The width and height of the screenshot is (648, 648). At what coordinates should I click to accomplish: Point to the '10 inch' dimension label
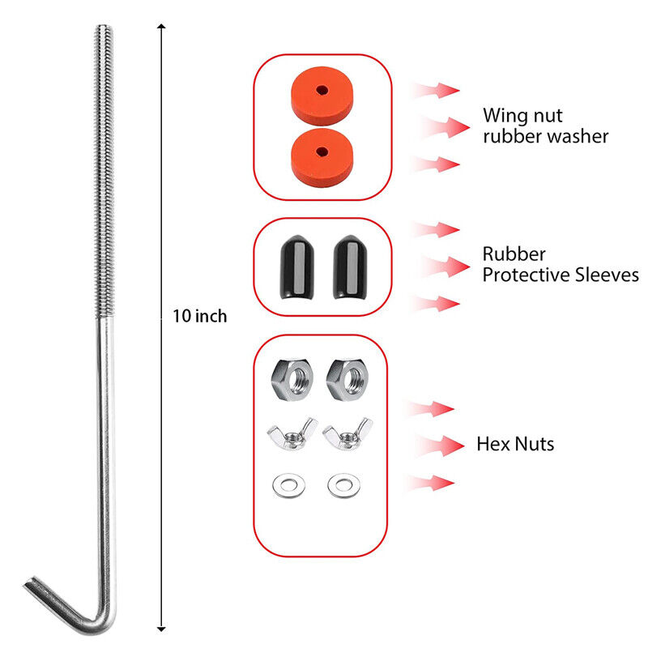point(199,317)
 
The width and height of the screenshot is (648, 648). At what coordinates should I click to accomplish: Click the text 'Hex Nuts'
point(515,444)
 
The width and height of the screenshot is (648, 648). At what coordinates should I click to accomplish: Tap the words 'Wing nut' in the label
point(522,115)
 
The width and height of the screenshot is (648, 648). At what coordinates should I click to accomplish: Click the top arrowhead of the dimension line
point(161,29)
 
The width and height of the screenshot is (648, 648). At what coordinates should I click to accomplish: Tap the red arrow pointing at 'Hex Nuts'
point(441,444)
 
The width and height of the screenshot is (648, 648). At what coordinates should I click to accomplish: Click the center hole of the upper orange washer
point(322,91)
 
